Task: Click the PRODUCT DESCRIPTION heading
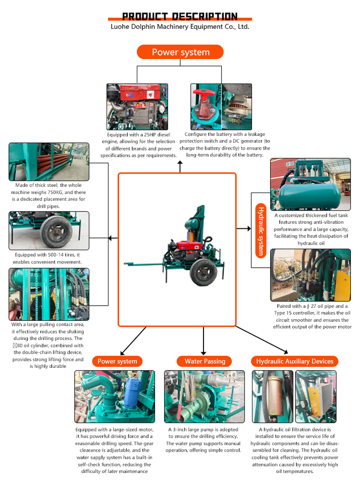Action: [x=180, y=16]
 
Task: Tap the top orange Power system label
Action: [x=180, y=53]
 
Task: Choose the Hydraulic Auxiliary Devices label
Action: [x=295, y=361]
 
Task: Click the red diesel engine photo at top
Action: [x=137, y=107]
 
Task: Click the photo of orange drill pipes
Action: [x=48, y=162]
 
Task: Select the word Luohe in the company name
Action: [x=121, y=26]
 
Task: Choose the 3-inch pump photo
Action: [x=204, y=397]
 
